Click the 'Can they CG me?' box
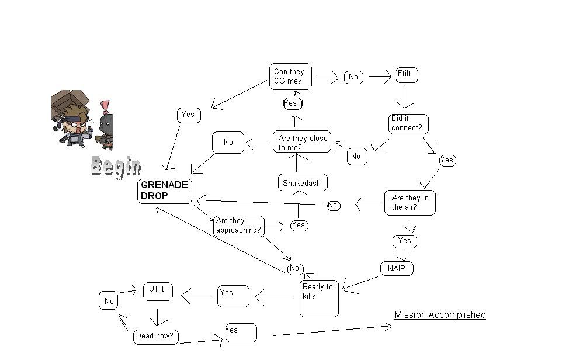(290, 77)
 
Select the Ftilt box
(407, 75)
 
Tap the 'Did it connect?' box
(408, 124)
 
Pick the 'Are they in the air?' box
(410, 203)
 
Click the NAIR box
(397, 269)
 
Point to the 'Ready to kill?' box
(320, 298)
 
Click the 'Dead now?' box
(156, 336)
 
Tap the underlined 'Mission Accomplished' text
(440, 315)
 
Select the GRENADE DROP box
(165, 191)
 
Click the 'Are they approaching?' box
(239, 226)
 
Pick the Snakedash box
(302, 183)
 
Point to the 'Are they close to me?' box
(302, 142)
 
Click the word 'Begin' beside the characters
(116, 167)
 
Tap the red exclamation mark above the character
(105, 106)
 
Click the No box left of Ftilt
(353, 77)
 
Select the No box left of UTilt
(109, 302)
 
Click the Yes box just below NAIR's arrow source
(405, 241)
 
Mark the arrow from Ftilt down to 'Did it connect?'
(405, 96)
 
